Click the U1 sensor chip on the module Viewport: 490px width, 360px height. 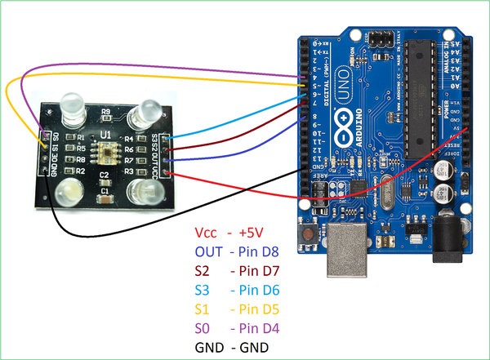105,150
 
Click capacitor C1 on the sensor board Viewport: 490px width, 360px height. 105,195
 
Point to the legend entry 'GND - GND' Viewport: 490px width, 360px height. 233,347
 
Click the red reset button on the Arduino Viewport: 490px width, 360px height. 310,235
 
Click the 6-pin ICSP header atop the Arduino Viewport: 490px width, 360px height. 380,38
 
